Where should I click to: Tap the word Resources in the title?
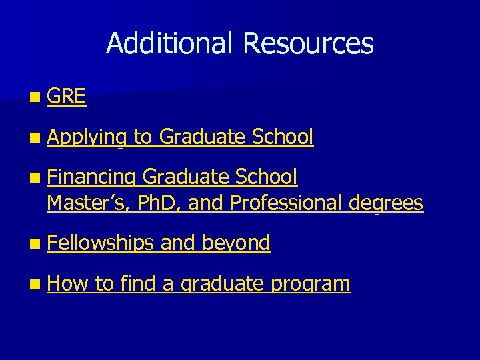pyautogui.click(x=308, y=44)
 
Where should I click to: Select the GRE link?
pyautogui.click(x=67, y=97)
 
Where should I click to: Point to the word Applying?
pyautogui.click(x=87, y=137)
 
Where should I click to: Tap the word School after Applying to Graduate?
pyautogui.click(x=283, y=137)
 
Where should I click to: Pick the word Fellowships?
pyautogui.click(x=101, y=243)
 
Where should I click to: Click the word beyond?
pyautogui.click(x=236, y=243)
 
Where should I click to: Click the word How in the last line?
pyautogui.click(x=67, y=283)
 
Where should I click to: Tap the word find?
pyautogui.click(x=138, y=283)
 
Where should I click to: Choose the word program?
pyautogui.click(x=310, y=285)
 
